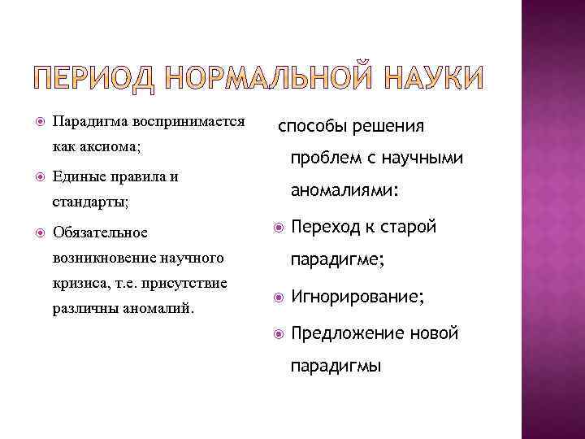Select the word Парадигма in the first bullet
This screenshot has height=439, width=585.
[x=87, y=121]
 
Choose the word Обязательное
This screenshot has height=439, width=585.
[x=100, y=233]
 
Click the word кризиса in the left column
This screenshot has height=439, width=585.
[x=75, y=284]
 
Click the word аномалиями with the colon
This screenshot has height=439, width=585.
[x=345, y=191]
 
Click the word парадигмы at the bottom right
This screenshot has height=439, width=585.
[x=336, y=367]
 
